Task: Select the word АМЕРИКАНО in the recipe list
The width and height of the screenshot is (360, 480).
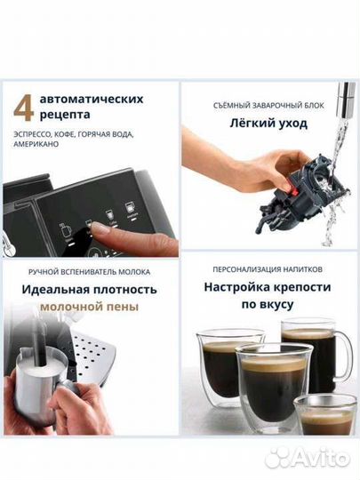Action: [37, 152]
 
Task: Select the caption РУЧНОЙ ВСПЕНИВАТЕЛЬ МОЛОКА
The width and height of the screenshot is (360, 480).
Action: [90, 271]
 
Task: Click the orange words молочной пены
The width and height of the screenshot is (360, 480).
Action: [90, 306]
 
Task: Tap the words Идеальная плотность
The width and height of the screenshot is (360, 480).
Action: [90, 289]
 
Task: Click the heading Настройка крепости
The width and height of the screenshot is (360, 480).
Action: [268, 287]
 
